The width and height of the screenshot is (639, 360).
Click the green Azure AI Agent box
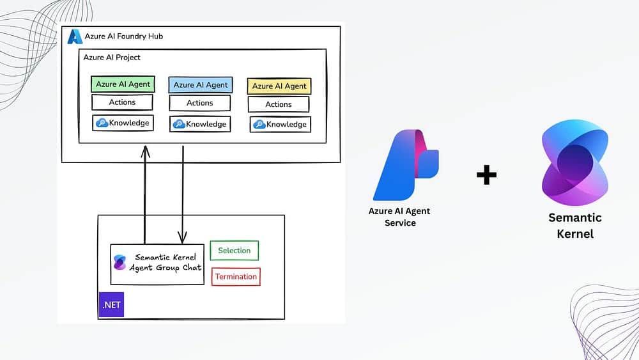pyautogui.click(x=123, y=84)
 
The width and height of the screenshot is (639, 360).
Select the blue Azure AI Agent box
pyautogui.click(x=200, y=85)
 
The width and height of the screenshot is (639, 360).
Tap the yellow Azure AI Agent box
pyautogui.click(x=279, y=86)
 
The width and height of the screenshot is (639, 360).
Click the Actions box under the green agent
pyautogui.click(x=123, y=102)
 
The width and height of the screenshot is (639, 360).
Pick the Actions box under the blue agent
pyautogui.click(x=200, y=103)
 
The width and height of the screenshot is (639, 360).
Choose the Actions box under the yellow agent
pyautogui.click(x=279, y=104)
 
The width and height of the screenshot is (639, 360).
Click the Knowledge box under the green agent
pyautogui.click(x=123, y=123)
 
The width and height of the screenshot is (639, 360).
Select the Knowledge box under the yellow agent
pyautogui.click(x=280, y=124)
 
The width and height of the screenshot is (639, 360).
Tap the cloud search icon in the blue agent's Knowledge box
pyautogui.click(x=179, y=123)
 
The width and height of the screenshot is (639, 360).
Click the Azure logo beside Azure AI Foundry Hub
pyautogui.click(x=75, y=36)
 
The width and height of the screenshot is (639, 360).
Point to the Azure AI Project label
pyautogui.click(x=112, y=58)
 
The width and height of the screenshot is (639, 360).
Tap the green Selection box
pyautogui.click(x=235, y=251)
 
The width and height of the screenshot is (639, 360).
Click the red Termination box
pyautogui.click(x=236, y=277)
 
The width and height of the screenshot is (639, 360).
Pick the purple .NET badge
pyautogui.click(x=112, y=305)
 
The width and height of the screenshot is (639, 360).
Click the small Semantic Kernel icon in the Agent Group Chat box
pyautogui.click(x=119, y=263)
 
